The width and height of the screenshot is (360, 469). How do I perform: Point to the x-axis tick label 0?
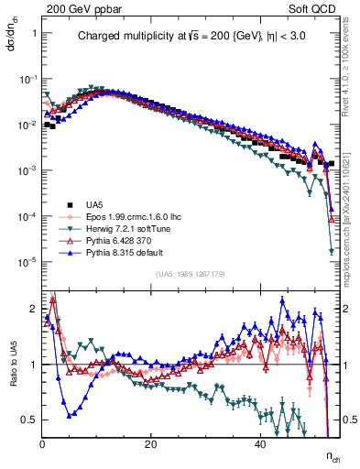click(42, 442)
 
